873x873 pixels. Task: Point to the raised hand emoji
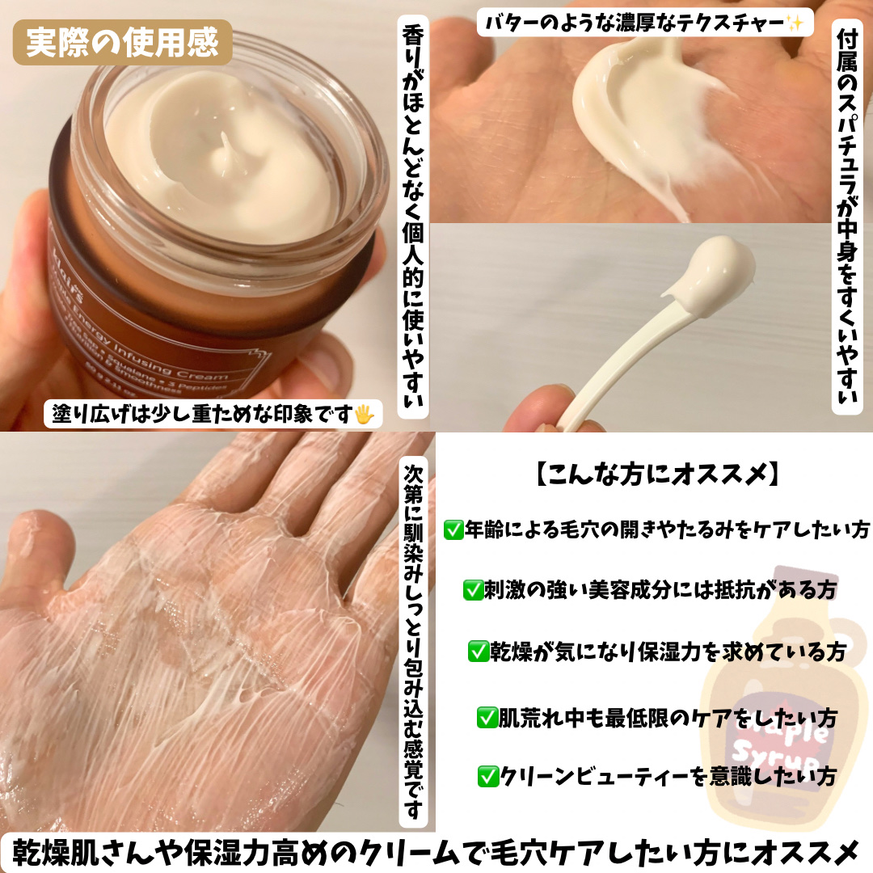[x=366, y=415]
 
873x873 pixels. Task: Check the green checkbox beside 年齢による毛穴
[x=453, y=530]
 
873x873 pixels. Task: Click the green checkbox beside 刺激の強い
[x=471, y=590]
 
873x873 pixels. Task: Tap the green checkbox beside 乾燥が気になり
[x=479, y=651]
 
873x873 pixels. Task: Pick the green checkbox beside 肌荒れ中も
[x=487, y=715]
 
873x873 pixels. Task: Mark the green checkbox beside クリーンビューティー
[x=487, y=777]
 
